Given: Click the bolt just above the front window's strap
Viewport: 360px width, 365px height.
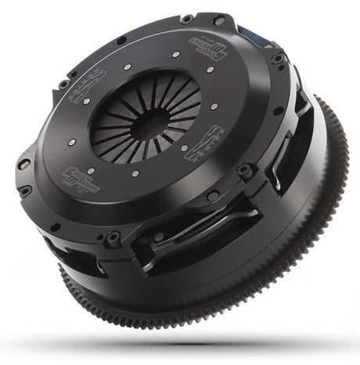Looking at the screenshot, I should pyautogui.click(x=213, y=195).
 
